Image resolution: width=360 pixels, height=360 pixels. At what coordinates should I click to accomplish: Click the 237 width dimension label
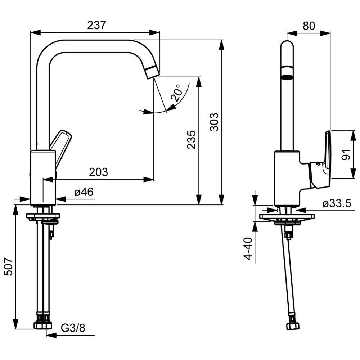[96, 25]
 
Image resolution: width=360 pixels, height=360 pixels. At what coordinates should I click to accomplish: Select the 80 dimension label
[309, 26]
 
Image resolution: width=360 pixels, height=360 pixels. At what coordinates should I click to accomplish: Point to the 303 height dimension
[214, 122]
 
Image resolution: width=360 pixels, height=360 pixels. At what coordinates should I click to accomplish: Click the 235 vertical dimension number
[192, 140]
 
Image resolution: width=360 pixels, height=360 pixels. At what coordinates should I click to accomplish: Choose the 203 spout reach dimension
[99, 172]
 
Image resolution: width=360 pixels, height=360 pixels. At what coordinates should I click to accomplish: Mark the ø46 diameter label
[84, 192]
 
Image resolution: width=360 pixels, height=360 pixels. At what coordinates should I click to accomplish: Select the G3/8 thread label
[73, 328]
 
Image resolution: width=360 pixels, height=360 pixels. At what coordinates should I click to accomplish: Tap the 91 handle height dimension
[345, 154]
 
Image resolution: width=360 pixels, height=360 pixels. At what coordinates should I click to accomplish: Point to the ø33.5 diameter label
[337, 203]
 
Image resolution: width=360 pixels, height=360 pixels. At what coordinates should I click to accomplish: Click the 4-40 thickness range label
[248, 249]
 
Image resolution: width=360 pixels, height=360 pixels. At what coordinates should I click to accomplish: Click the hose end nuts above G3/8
[43, 321]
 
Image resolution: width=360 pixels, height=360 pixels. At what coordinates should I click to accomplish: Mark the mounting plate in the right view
[287, 216]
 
